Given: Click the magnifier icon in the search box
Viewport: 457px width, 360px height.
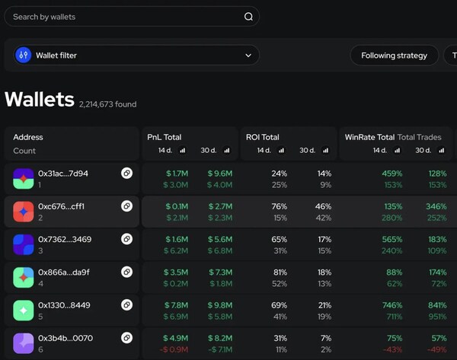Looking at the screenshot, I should click(248, 17).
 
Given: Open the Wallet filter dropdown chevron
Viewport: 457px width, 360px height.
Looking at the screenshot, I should click(248, 56).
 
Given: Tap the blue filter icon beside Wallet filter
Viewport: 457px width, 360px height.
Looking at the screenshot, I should click(24, 56).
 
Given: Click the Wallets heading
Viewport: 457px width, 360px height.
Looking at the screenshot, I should click(40, 100).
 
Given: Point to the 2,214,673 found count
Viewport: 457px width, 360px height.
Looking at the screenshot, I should click(107, 104).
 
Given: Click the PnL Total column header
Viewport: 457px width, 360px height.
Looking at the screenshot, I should click(165, 138).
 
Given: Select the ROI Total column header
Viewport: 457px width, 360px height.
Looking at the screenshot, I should click(263, 138).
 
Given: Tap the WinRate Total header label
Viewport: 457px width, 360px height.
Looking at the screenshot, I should click(369, 138).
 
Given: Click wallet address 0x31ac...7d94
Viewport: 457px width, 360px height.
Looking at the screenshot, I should click(63, 174).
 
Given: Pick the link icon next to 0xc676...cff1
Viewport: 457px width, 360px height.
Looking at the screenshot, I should click(126, 206).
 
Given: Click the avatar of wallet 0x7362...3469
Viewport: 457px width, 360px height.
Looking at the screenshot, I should click(24, 244).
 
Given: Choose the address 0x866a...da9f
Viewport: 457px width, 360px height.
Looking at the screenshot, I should click(64, 272).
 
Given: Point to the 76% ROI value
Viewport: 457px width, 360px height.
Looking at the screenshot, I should click(279, 206).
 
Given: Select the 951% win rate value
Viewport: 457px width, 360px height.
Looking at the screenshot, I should click(437, 316).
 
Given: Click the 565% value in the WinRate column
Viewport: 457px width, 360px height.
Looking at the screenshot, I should click(394, 239).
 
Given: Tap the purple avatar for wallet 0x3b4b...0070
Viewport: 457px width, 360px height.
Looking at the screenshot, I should click(24, 342).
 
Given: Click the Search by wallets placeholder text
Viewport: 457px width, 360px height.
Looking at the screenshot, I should click(44, 17).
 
